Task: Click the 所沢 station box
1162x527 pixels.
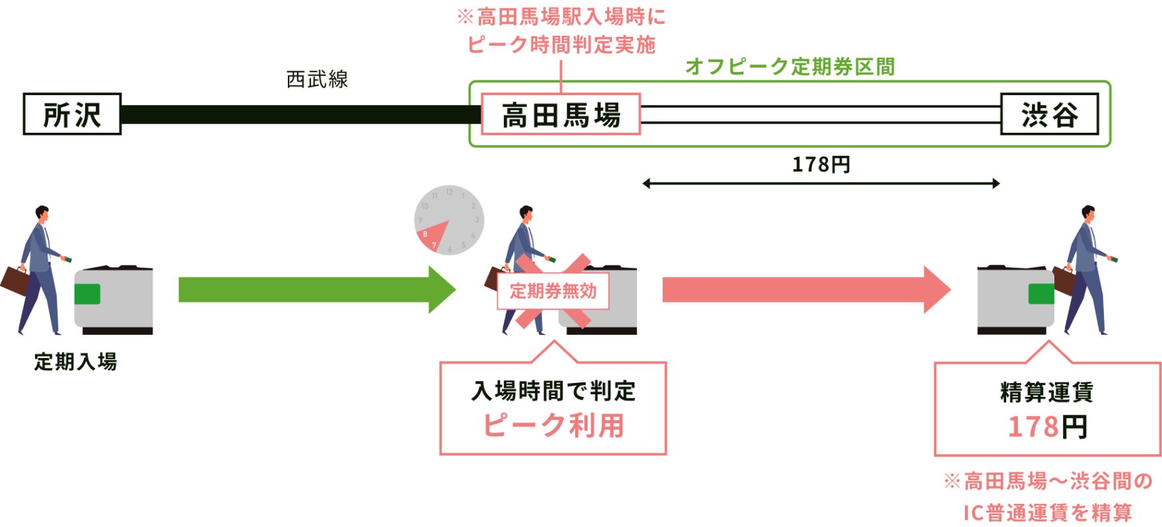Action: click(72, 114)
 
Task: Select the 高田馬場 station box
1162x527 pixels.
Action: click(561, 114)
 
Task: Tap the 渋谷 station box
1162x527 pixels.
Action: click(1050, 114)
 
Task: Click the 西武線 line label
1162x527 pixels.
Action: click(317, 79)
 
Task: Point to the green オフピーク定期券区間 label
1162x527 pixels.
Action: click(790, 66)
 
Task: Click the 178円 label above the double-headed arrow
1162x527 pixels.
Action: click(821, 164)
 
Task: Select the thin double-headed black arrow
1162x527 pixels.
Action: click(821, 184)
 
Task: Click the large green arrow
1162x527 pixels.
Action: click(317, 289)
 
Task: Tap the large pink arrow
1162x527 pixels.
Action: click(806, 289)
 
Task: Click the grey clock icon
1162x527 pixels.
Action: click(449, 220)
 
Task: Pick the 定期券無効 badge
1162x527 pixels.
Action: click(553, 291)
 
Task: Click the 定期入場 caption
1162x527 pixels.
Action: click(75, 362)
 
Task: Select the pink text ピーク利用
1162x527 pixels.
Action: click(553, 425)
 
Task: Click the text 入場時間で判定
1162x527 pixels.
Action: click(553, 391)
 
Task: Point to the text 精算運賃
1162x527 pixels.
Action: click(1047, 392)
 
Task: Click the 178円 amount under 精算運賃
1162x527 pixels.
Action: click(1047, 427)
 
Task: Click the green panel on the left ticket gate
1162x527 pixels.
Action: click(87, 294)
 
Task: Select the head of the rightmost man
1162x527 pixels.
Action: click(1087, 214)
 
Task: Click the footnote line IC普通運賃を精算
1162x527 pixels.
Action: click(1047, 512)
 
